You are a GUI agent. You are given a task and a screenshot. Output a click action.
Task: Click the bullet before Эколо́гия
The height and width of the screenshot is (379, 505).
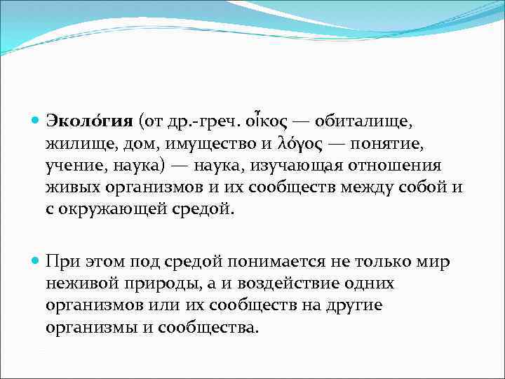click(x=37, y=121)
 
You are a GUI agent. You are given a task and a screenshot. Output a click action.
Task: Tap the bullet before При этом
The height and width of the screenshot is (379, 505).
click(x=37, y=262)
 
